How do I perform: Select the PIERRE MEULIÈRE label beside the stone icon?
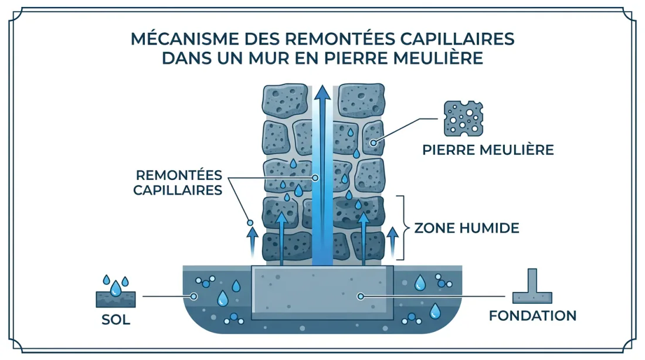point(488,150)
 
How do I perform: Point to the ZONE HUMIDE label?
point(467,227)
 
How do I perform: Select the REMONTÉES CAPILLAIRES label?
point(179,182)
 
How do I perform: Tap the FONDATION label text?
point(532,315)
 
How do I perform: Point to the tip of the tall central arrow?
point(321,89)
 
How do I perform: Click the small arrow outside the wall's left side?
point(252,242)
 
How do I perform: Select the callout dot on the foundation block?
point(361,297)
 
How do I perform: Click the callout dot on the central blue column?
point(315,177)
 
